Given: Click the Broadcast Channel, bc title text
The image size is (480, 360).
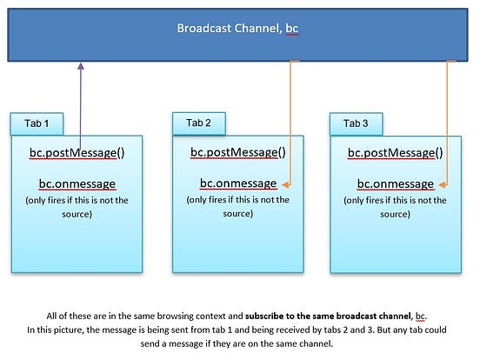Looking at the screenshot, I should click(x=238, y=28).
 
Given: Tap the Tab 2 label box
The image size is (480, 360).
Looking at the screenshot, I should click(x=199, y=123).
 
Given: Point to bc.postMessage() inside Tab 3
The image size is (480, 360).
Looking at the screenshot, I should click(x=396, y=153).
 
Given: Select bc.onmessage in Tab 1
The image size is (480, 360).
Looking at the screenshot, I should click(x=77, y=184).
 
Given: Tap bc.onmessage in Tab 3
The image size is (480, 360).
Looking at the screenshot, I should click(x=396, y=184).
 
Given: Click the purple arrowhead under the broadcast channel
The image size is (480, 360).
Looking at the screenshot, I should click(x=81, y=66).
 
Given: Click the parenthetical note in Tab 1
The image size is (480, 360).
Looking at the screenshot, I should click(x=77, y=207).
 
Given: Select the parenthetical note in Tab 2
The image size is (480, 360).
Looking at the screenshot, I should click(x=237, y=206).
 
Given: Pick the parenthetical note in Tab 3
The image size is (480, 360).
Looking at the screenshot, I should click(x=396, y=207).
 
